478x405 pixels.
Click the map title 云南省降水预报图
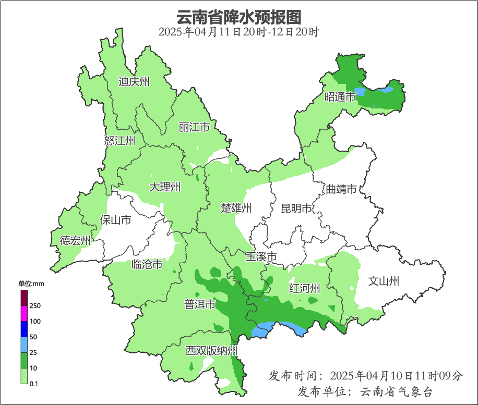click(x=239, y=17)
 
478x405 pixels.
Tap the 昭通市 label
click(x=340, y=97)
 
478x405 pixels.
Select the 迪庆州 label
click(x=134, y=81)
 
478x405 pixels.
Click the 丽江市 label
click(x=194, y=127)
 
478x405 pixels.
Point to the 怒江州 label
click(x=120, y=141)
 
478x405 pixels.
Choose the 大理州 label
click(x=165, y=187)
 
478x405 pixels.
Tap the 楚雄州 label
click(x=236, y=208)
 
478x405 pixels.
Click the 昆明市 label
click(x=296, y=209)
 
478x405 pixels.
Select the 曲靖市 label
click(x=341, y=189)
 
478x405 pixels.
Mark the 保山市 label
click(x=115, y=220)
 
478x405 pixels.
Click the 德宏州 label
click(x=75, y=240)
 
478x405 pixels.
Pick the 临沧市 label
click(x=147, y=265)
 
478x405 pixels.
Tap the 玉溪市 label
click(x=261, y=257)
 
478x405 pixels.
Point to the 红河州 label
click(x=305, y=289)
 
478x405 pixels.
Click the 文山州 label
click(x=384, y=281)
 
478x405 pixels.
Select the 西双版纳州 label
click(x=212, y=351)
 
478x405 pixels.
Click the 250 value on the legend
click(x=35, y=305)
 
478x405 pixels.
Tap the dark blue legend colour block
click(x=23, y=329)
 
